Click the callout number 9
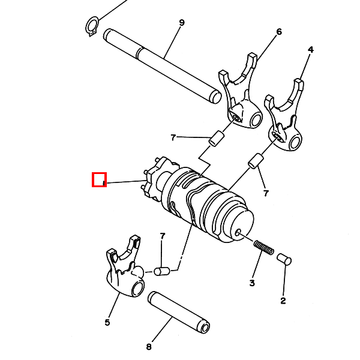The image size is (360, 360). point(182,23)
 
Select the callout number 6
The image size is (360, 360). point(279,32)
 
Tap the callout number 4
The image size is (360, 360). point(310,50)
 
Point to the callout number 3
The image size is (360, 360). point(252,283)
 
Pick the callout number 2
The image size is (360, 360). point(283,301)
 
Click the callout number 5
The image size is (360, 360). point(107,323)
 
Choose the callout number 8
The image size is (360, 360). point(149,346)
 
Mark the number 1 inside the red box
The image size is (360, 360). point(104,183)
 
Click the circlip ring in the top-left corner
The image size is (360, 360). point(92,26)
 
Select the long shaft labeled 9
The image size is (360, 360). point(162,66)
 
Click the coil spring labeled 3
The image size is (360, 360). point(264,247)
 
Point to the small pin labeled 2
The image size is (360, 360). point(284,259)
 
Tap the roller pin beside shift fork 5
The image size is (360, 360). point(162,271)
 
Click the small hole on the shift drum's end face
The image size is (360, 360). point(238,232)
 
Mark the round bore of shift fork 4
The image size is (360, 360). point(295,142)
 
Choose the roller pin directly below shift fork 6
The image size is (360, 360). point(216,139)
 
